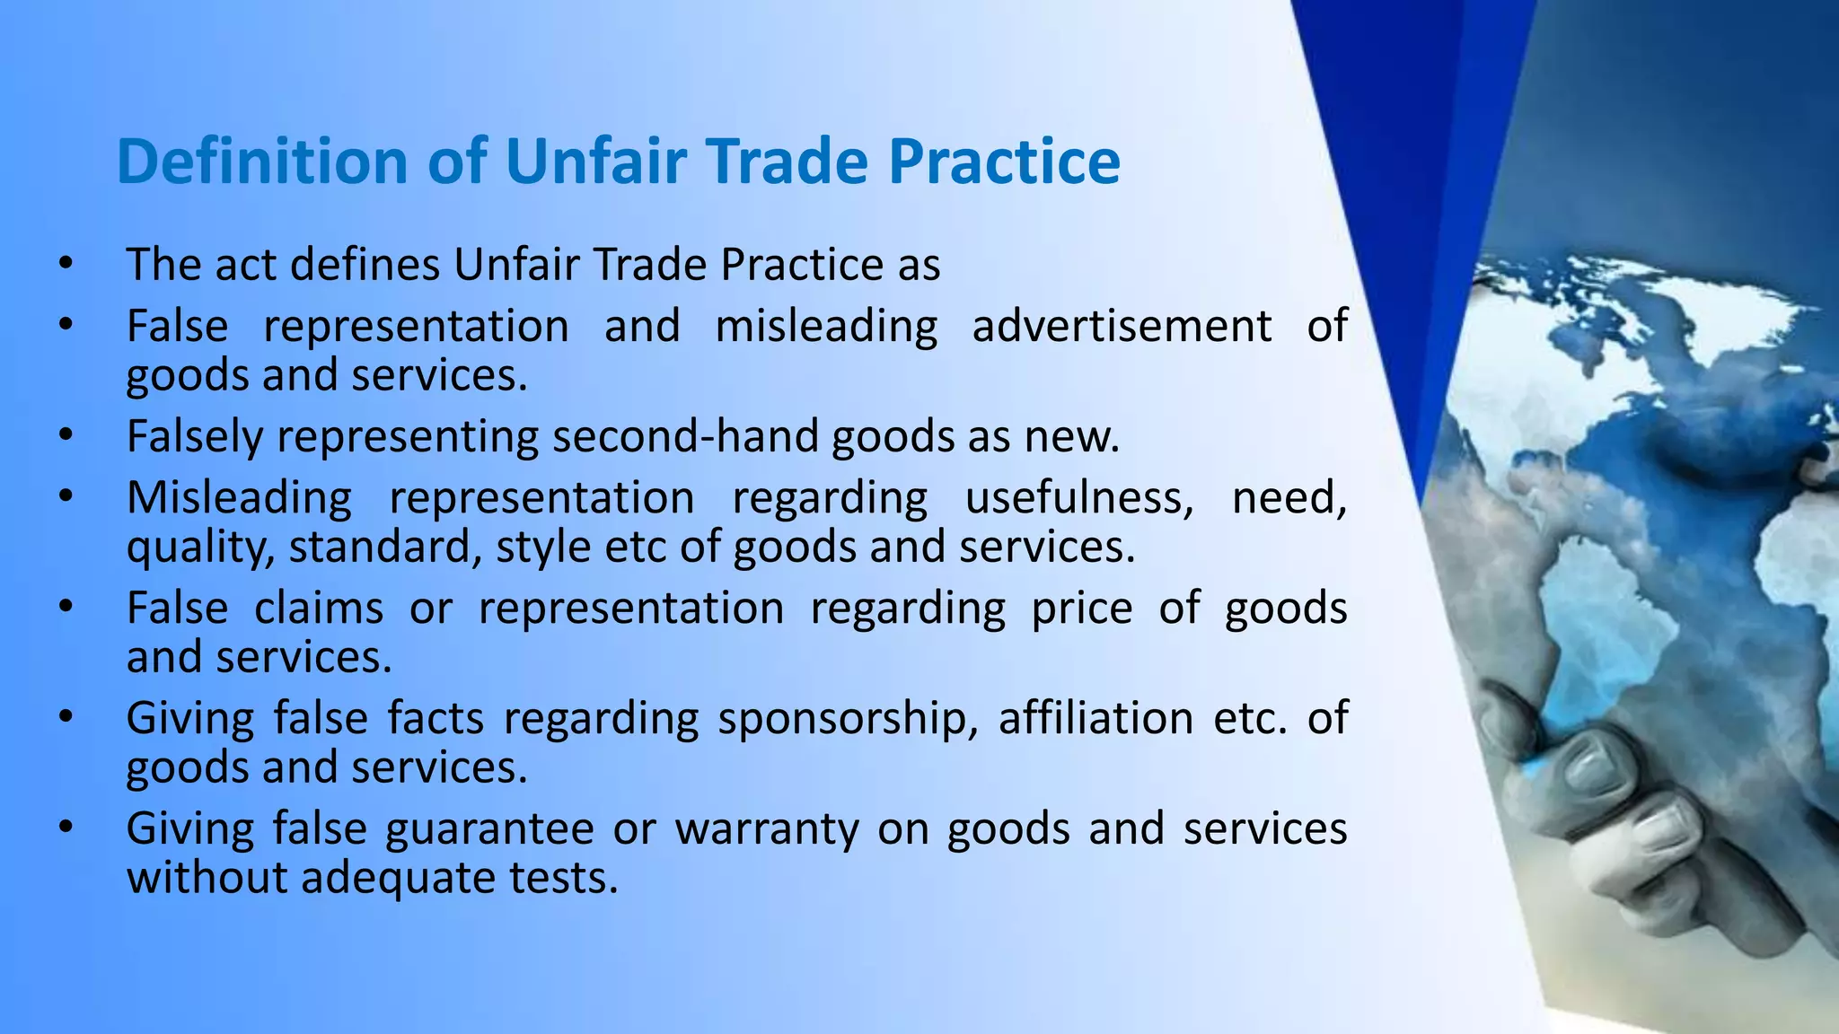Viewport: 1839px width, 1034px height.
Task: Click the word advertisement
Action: coord(1122,325)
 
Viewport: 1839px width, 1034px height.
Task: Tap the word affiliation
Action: coord(1095,718)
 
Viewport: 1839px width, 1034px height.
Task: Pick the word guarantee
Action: coord(489,829)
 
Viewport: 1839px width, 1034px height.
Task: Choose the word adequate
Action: coord(396,877)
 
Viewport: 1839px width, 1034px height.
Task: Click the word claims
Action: coord(319,609)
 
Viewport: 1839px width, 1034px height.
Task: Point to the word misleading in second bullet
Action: coord(826,326)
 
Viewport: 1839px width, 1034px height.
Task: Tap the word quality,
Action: coord(200,548)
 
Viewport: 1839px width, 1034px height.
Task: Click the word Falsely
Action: coord(195,436)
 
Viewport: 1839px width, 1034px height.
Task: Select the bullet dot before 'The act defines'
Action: coord(65,264)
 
